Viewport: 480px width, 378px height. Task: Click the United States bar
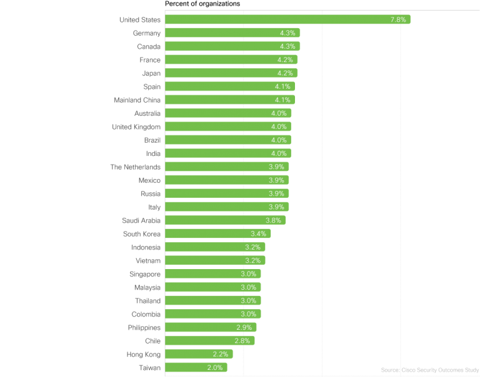coord(287,19)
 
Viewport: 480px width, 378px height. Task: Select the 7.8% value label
coord(398,19)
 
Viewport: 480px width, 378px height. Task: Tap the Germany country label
coord(147,33)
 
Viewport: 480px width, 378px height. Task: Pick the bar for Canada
coord(232,46)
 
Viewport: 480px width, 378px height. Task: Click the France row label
coord(150,60)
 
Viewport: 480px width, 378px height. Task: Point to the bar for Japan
coord(231,73)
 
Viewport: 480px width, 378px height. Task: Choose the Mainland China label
coord(137,100)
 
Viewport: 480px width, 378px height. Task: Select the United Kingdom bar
coord(228,127)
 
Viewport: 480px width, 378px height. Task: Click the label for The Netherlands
coord(135,167)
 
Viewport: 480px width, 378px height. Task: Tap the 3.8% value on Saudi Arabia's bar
coord(272,220)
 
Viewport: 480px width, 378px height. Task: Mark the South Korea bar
coord(217,233)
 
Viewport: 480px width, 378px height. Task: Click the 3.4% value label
coord(258,233)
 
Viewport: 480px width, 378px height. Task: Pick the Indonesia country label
coord(141,247)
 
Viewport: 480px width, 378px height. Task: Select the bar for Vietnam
coord(215,260)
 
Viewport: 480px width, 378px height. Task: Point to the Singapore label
coord(144,274)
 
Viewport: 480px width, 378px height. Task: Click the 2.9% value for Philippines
coord(244,328)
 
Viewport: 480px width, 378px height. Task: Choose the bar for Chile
coord(209,341)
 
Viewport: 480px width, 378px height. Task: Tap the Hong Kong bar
coord(199,354)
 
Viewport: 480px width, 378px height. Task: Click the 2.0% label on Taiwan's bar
coord(214,368)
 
